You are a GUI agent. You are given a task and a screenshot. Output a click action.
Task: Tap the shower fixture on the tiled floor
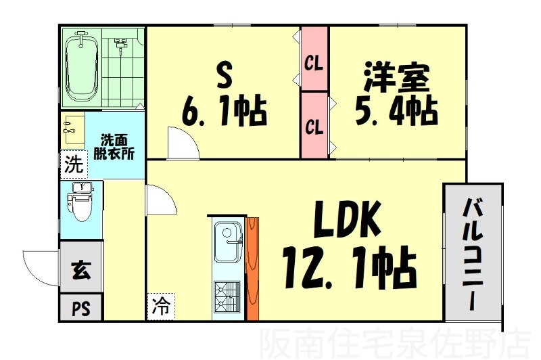(x=120, y=45)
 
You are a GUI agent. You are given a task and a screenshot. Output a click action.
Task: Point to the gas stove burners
(x=227, y=297)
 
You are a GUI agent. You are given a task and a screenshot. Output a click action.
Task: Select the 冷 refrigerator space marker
(x=161, y=306)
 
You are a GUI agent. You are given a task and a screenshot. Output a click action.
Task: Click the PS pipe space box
(x=81, y=307)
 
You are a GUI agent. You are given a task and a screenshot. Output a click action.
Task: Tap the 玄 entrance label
(x=81, y=269)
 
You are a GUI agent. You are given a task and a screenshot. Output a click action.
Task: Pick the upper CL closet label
(x=314, y=64)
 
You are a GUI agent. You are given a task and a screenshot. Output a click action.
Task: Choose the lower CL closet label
(x=314, y=127)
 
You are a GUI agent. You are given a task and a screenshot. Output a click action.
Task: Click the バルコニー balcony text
(x=473, y=254)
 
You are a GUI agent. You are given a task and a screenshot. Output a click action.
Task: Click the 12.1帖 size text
(x=349, y=268)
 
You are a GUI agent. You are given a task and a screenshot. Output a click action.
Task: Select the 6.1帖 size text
(x=225, y=112)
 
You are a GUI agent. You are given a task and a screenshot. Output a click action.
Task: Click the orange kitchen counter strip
(x=253, y=269)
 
